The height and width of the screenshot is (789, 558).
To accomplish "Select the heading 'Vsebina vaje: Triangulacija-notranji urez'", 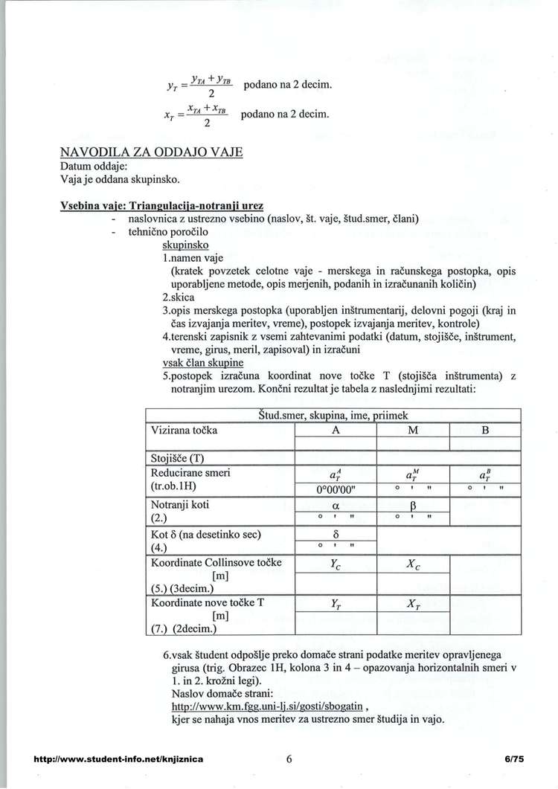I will tap(161, 205).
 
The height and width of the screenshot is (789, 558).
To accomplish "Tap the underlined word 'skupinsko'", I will tap(185, 244).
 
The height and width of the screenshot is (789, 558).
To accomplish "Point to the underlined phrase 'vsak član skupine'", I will tap(202, 362).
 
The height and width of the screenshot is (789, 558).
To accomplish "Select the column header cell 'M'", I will tap(414, 429).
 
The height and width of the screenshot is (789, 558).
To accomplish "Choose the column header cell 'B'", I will tap(484, 429).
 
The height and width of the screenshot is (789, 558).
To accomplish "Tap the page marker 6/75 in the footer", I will tap(513, 759).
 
